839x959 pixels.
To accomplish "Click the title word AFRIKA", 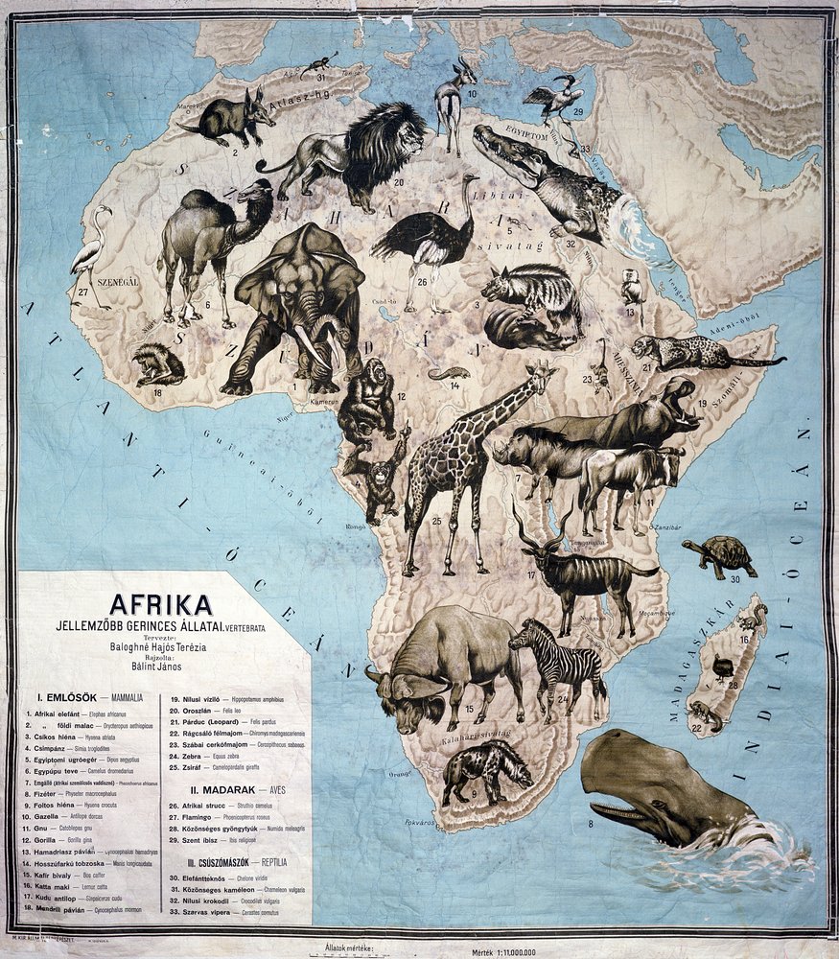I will [160, 604].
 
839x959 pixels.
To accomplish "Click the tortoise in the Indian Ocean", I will [721, 553].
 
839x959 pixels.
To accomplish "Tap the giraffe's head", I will [542, 373].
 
